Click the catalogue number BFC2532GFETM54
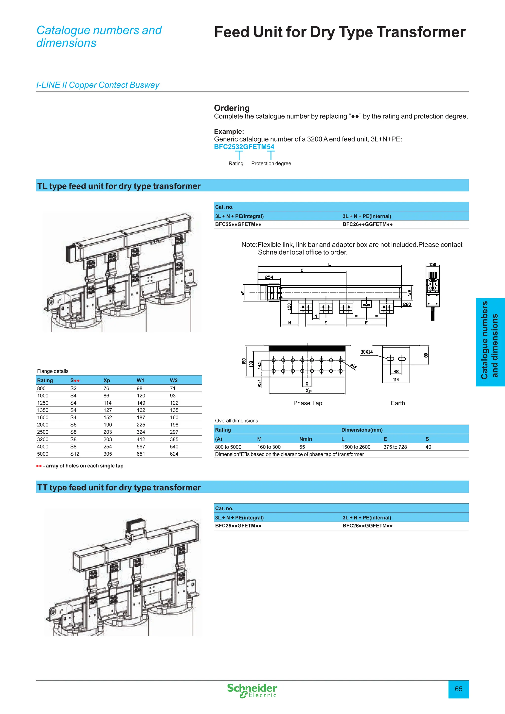tap(244, 147)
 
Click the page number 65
tap(458, 689)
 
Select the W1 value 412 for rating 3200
tap(141, 439)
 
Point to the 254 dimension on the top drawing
tap(269, 277)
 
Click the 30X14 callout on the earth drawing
tap(367, 352)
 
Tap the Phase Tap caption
tap(307, 403)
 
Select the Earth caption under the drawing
tap(398, 403)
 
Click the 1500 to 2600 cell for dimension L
tap(356, 447)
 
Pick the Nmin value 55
tap(302, 447)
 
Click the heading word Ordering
tap(232, 108)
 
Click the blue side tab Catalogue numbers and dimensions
tap(490, 342)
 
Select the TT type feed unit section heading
tap(119, 487)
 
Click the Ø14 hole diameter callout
tap(354, 366)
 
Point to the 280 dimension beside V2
tap(407, 304)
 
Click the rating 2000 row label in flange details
tap(43, 425)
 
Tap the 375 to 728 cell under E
tap(395, 447)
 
